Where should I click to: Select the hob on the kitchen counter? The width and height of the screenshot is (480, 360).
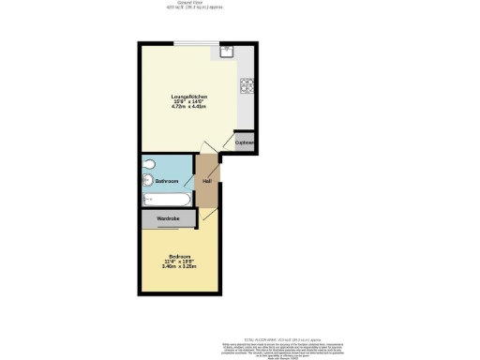[247, 87]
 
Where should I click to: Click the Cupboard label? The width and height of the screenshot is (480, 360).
[245, 142]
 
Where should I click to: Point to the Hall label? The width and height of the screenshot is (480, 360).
[206, 181]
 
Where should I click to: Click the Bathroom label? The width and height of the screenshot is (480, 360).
[167, 181]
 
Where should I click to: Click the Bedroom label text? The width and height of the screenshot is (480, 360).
[180, 256]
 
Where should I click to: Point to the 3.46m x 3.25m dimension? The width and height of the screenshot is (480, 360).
[180, 267]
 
